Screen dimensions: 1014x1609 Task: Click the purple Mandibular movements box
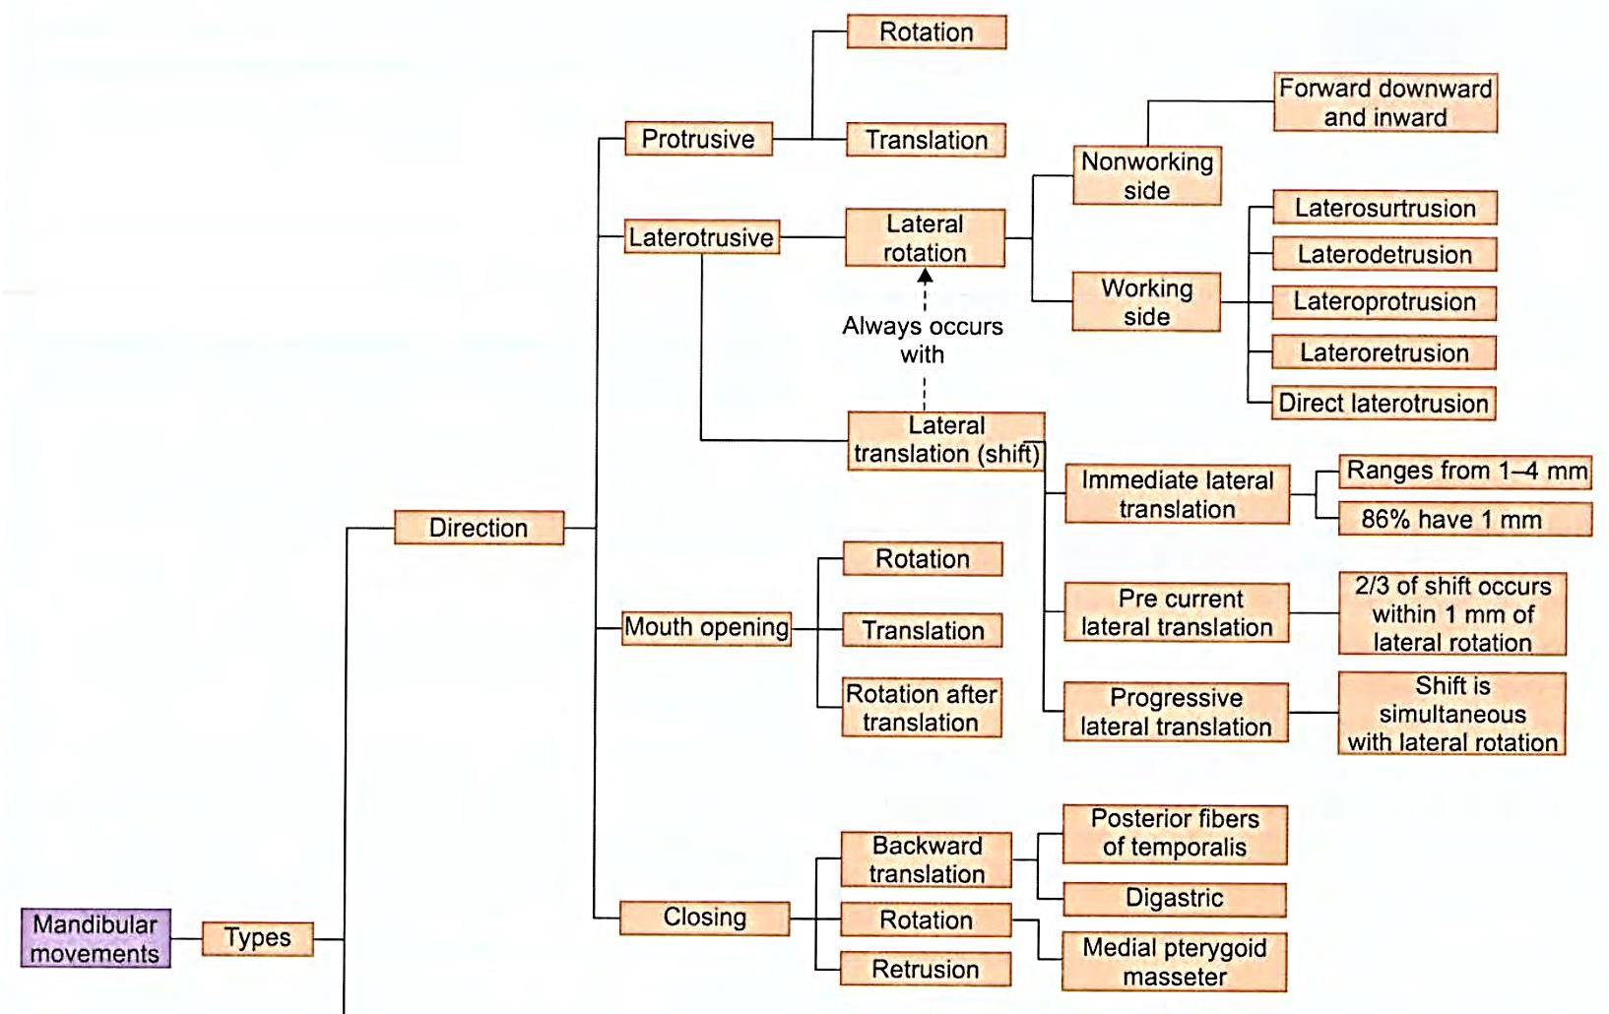coord(96,938)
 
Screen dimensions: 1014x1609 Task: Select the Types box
coord(257,938)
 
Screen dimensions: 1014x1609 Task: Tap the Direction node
coord(479,528)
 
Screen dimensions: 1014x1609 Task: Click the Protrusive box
coord(698,139)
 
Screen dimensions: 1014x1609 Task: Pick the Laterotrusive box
coord(701,237)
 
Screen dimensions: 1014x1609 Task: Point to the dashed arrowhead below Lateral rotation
coord(925,278)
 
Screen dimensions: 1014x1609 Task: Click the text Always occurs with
coord(923,340)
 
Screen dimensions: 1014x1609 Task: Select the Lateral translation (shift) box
coord(945,440)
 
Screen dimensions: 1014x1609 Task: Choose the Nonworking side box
coord(1146,176)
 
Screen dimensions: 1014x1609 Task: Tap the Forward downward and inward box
coord(1384,102)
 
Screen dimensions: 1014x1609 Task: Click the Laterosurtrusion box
coord(1384,208)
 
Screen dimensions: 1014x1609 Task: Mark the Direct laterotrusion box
coord(1383,403)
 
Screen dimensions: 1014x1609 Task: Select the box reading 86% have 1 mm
coord(1464,520)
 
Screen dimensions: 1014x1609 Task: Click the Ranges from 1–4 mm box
coord(1464,471)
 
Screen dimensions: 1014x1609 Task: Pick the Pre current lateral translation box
coord(1176,612)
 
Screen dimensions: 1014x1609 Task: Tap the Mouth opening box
coord(706,627)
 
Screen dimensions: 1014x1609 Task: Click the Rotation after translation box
coord(922,708)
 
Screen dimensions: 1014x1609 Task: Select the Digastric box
coord(1174,898)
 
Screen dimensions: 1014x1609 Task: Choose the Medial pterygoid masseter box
coord(1174,962)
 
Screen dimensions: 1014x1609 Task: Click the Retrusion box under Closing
coord(925,969)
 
